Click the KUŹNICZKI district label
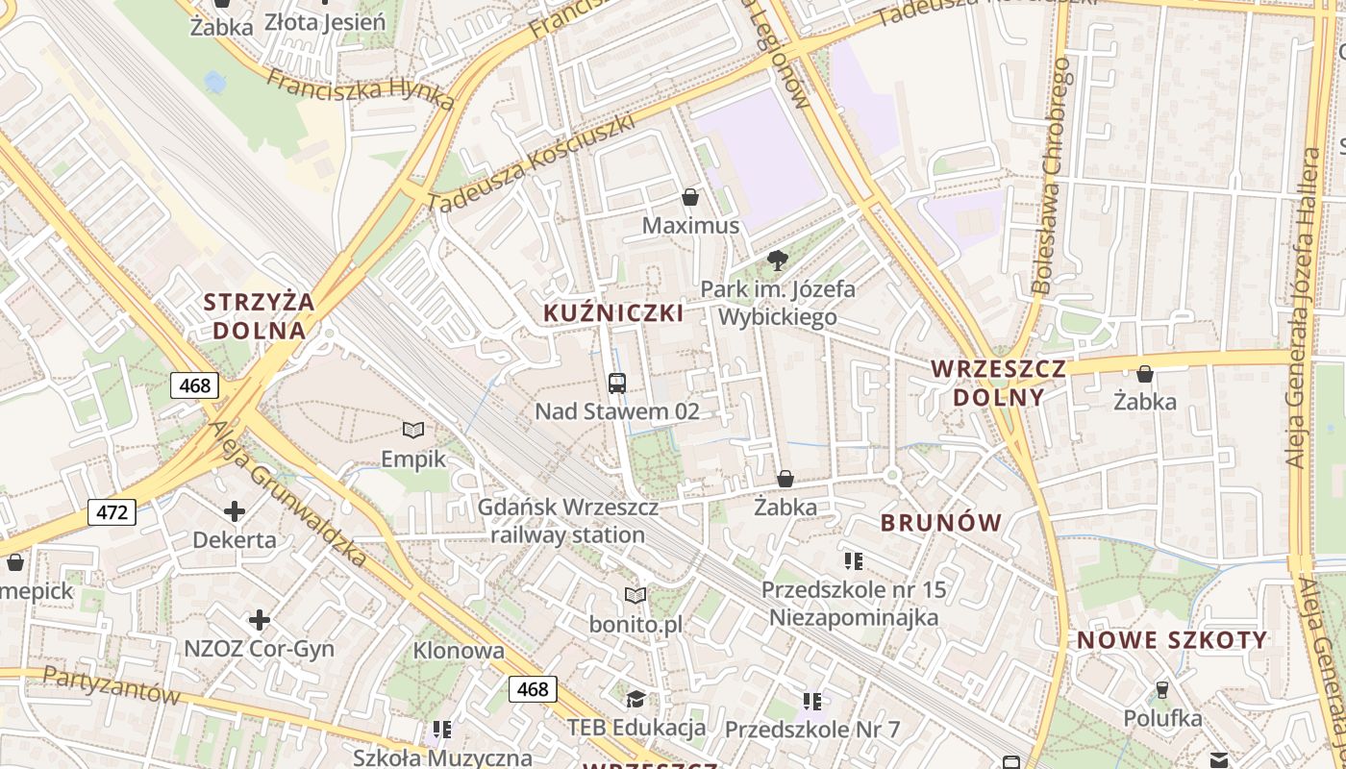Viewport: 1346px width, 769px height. (x=613, y=312)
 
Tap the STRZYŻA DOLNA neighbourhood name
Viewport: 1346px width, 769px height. (x=259, y=316)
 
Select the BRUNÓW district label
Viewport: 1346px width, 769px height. (x=941, y=523)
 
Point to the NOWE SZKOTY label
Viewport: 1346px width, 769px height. (x=1172, y=640)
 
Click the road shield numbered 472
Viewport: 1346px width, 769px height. (x=112, y=512)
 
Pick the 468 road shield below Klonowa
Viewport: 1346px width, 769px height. (x=532, y=688)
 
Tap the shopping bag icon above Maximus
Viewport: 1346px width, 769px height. (x=689, y=198)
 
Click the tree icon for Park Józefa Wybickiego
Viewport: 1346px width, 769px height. (x=777, y=260)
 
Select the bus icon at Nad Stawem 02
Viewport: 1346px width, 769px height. (x=617, y=383)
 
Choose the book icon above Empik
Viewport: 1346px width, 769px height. (x=413, y=430)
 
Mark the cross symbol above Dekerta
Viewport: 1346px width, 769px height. (x=235, y=510)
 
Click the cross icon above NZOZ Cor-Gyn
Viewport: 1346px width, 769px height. (x=259, y=620)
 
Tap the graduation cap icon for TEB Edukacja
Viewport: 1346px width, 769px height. (x=636, y=698)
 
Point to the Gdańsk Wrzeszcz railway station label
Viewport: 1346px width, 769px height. (x=568, y=520)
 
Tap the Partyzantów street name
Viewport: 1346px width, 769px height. (x=112, y=684)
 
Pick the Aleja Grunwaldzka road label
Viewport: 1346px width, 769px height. (x=288, y=492)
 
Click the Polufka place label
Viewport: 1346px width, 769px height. (x=1162, y=718)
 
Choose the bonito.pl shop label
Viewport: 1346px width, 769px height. (x=636, y=624)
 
